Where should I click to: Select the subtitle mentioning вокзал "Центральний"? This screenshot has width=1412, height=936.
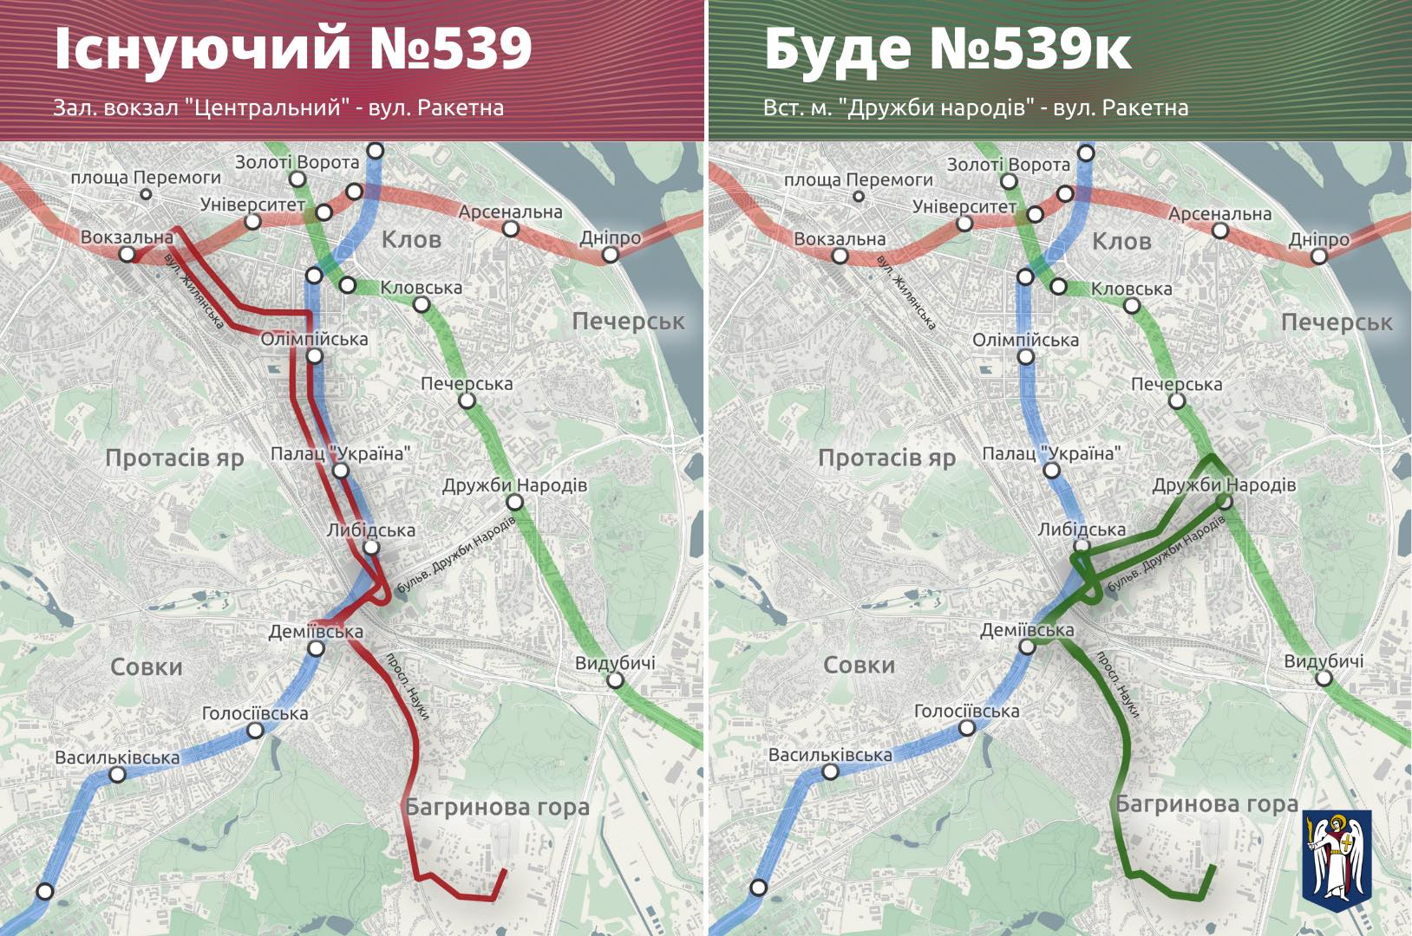tap(278, 107)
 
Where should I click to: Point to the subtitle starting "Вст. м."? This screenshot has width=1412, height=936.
tap(976, 107)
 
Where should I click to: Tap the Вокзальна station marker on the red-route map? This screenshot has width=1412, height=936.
tap(127, 254)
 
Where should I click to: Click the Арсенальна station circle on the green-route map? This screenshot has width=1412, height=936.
tap(1220, 231)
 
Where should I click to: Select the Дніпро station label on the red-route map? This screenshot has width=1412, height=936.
tap(611, 237)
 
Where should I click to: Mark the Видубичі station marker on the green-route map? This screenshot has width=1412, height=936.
tap(1324, 679)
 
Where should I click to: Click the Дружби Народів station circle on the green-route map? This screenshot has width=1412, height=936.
tap(1225, 502)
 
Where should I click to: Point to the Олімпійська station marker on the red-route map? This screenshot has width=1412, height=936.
tap(315, 355)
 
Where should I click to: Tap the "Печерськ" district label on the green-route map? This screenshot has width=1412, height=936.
tap(1337, 323)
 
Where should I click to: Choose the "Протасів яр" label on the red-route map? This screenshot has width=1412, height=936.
tap(174, 458)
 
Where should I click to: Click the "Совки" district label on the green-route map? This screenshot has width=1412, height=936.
tap(858, 666)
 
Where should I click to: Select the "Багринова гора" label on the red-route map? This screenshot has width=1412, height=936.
tap(497, 808)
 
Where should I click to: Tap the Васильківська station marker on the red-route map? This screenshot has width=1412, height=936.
tap(117, 774)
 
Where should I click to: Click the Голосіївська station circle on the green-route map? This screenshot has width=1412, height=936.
tap(967, 728)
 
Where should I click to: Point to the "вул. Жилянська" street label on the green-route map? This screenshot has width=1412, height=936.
tap(906, 292)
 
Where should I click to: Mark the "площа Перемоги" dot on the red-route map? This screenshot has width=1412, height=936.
tap(146, 194)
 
